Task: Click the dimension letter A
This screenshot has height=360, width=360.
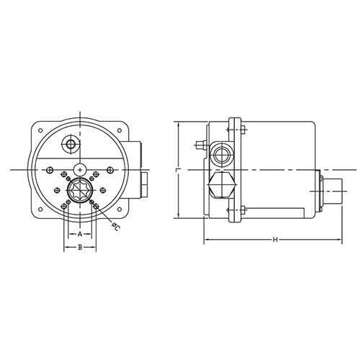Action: [x=80, y=234]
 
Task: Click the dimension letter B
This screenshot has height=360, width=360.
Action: [x=80, y=247]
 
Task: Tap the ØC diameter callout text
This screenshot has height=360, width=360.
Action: [x=116, y=227]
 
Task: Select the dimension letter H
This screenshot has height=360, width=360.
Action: [x=275, y=240]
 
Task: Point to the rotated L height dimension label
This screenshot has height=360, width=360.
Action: [x=178, y=170]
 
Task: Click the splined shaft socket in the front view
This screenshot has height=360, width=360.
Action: [x=80, y=190]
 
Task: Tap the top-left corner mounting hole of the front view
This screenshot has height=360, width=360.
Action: [x=40, y=130]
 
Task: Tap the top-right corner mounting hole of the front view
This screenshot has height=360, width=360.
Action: [x=120, y=130]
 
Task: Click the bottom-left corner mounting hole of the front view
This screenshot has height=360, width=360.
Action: [x=40, y=210]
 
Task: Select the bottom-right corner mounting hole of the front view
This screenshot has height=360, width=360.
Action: [x=120, y=210]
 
